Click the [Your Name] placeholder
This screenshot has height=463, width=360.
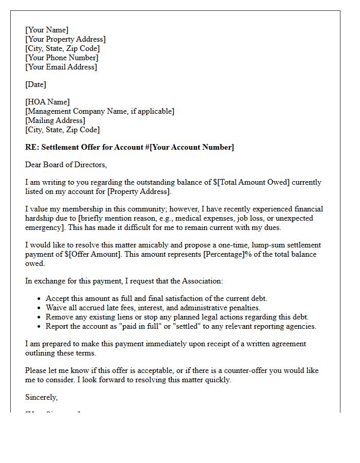[x=47, y=30]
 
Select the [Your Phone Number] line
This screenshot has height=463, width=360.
[x=62, y=58]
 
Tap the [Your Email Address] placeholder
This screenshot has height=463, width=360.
[x=61, y=67]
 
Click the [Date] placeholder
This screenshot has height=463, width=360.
[x=35, y=84]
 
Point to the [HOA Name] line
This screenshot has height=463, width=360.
[x=47, y=102]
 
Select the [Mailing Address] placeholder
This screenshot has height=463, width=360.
[x=56, y=120]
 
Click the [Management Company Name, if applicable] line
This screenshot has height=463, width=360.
[x=100, y=111]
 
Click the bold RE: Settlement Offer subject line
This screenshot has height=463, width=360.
[x=129, y=147]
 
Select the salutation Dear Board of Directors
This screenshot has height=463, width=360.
[x=66, y=165]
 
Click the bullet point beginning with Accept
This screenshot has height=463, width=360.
[x=156, y=298]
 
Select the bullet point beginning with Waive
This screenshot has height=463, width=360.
[x=153, y=308]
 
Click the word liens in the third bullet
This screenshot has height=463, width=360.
[x=119, y=317]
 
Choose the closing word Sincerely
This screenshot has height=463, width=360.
[x=42, y=397]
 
